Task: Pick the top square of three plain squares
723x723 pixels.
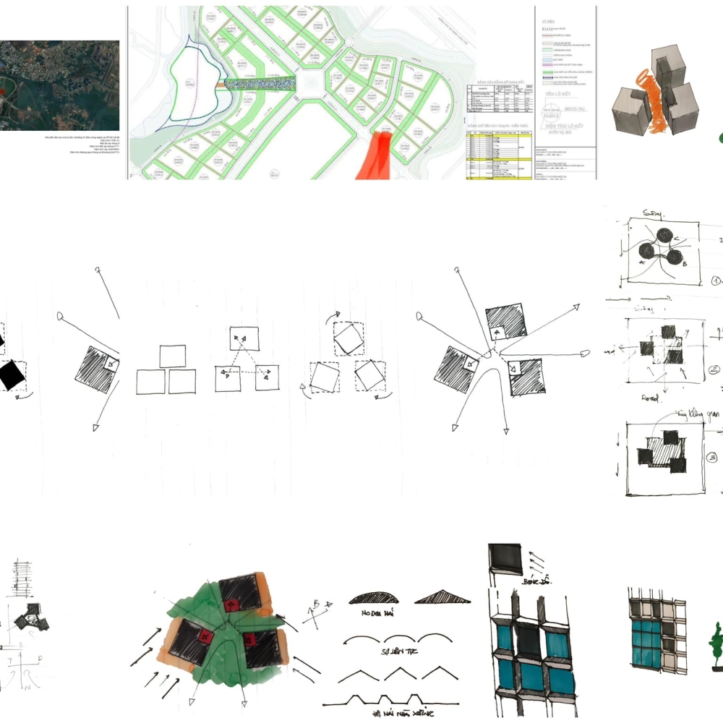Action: point(172,356)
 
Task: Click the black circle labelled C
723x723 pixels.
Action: point(663,236)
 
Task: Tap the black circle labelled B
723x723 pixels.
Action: point(674,257)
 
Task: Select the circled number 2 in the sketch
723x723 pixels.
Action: point(714,369)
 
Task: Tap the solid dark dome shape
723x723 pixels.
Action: point(374,597)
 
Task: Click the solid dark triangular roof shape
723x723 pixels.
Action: point(442,596)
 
